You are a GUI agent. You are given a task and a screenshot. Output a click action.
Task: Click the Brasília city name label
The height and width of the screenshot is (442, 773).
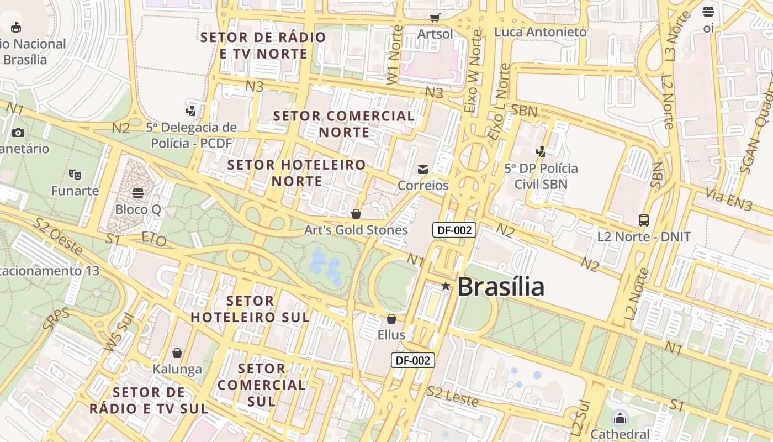click(x=500, y=287)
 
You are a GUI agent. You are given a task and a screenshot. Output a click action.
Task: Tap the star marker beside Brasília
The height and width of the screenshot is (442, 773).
click(x=446, y=286)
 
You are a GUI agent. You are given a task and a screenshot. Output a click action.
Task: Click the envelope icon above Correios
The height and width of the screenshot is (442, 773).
click(x=423, y=169)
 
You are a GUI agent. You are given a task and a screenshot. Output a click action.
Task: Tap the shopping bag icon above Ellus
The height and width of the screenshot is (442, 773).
click(x=391, y=319)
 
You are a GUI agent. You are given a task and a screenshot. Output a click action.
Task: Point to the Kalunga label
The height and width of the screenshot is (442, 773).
click(x=177, y=369)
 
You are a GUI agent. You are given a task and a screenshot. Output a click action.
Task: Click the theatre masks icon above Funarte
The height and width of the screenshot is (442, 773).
click(x=75, y=175)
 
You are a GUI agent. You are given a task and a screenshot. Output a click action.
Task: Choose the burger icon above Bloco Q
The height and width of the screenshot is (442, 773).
click(x=138, y=193)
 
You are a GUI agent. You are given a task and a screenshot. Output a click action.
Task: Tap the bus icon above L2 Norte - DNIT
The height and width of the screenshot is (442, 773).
click(x=644, y=220)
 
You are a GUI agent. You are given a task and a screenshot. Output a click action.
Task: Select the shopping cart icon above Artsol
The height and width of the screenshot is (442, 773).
click(x=435, y=18)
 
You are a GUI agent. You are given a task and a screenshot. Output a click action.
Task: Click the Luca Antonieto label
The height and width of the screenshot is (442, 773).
click(x=540, y=32)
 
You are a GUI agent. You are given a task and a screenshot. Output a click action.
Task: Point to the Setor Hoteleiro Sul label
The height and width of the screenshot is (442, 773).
click(x=250, y=309)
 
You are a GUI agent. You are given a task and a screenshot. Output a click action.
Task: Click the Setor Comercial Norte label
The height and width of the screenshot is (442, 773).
click(x=344, y=124)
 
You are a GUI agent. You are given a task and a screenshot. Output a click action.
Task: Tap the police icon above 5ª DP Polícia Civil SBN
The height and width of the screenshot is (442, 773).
click(x=541, y=151)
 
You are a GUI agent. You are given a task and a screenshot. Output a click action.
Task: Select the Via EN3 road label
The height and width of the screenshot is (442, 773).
click(x=729, y=199)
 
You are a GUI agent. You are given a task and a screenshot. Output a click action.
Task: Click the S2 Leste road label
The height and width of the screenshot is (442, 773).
click(x=452, y=396)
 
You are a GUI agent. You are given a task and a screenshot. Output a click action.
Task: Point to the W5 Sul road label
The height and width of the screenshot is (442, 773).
click(x=119, y=335)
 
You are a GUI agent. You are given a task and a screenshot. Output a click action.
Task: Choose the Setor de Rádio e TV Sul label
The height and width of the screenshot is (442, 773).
click(x=149, y=401)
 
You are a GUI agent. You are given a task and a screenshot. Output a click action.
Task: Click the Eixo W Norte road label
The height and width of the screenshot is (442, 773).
click(x=473, y=72)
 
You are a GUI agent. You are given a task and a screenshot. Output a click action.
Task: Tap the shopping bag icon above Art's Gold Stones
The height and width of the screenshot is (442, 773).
click(x=356, y=214)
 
